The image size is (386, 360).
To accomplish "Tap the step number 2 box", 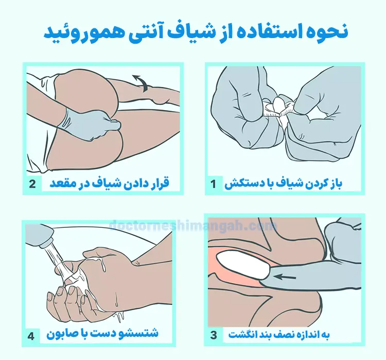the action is [x=33, y=184].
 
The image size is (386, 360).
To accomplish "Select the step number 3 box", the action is [x=214, y=335].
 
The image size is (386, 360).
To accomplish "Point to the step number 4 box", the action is [x=31, y=336].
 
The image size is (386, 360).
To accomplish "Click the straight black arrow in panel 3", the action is [x=285, y=277].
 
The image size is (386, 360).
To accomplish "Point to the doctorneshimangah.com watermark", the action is [x=193, y=225].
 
